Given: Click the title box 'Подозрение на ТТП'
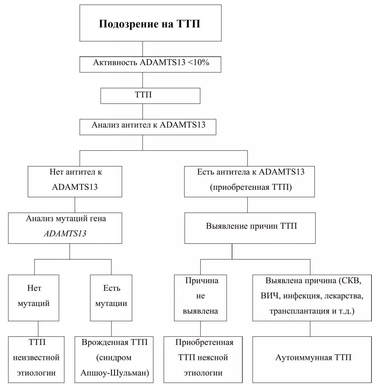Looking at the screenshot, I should point(149,24).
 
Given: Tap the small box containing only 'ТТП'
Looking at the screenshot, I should point(150,95).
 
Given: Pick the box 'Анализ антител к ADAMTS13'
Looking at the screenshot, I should point(148,125).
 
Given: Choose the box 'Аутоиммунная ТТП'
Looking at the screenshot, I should point(313,358).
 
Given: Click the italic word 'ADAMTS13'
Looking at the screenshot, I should point(65,234).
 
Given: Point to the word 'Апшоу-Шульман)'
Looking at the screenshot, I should point(115,373).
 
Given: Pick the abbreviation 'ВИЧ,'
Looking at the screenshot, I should point(270,296).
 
